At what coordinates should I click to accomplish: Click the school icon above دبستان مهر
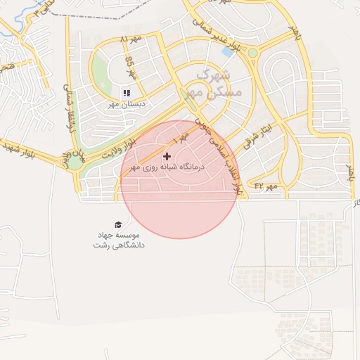(127, 93)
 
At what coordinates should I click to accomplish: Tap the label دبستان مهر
(126, 104)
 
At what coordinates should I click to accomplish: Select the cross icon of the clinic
(167, 156)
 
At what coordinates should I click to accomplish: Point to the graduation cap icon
(118, 224)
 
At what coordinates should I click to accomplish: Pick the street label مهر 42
(267, 186)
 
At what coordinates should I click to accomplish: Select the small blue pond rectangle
(228, 51)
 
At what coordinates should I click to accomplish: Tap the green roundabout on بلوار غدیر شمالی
(252, 53)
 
